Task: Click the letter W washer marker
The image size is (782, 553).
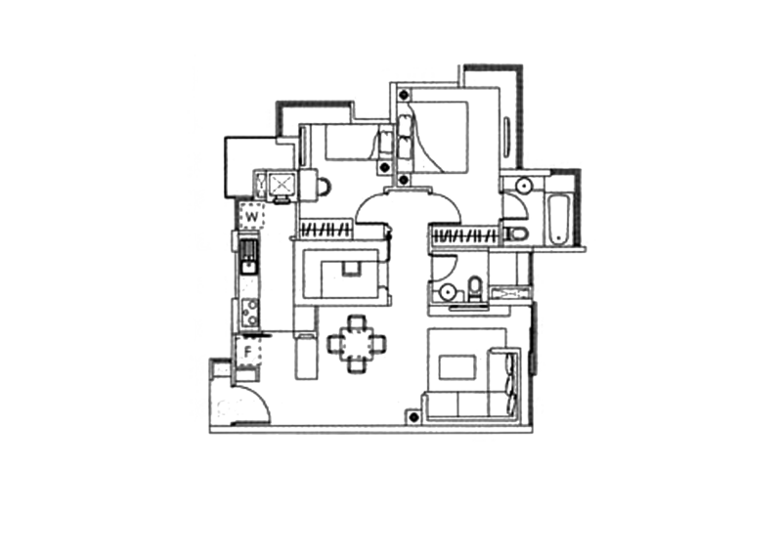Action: [x=252, y=217]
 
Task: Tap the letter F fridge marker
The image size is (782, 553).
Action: [x=248, y=352]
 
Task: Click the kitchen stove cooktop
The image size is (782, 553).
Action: [x=250, y=313]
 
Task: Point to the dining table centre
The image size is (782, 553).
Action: [x=357, y=344]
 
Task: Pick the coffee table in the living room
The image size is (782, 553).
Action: [x=457, y=368]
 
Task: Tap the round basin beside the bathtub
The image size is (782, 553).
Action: [x=524, y=186]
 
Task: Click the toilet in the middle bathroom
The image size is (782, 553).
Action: [x=475, y=289]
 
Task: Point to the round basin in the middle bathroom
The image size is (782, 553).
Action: [x=448, y=291]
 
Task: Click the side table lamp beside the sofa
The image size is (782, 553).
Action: [x=413, y=417]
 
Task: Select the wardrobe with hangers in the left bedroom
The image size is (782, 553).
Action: [x=326, y=231]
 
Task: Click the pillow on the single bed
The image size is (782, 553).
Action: [x=385, y=143]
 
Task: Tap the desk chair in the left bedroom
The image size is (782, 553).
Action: [x=325, y=187]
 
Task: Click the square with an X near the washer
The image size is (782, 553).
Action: [x=282, y=184]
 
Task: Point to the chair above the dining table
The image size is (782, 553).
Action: [x=357, y=323]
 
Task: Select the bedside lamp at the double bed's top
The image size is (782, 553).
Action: [x=404, y=94]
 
